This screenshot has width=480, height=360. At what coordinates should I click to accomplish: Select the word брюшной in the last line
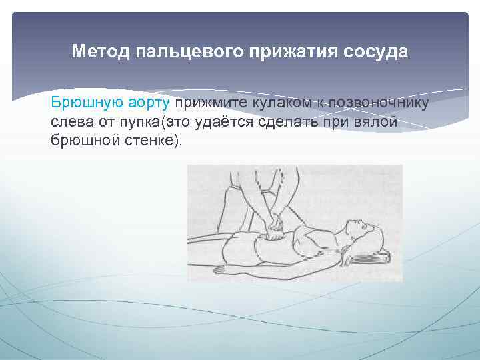[x=82, y=142]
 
